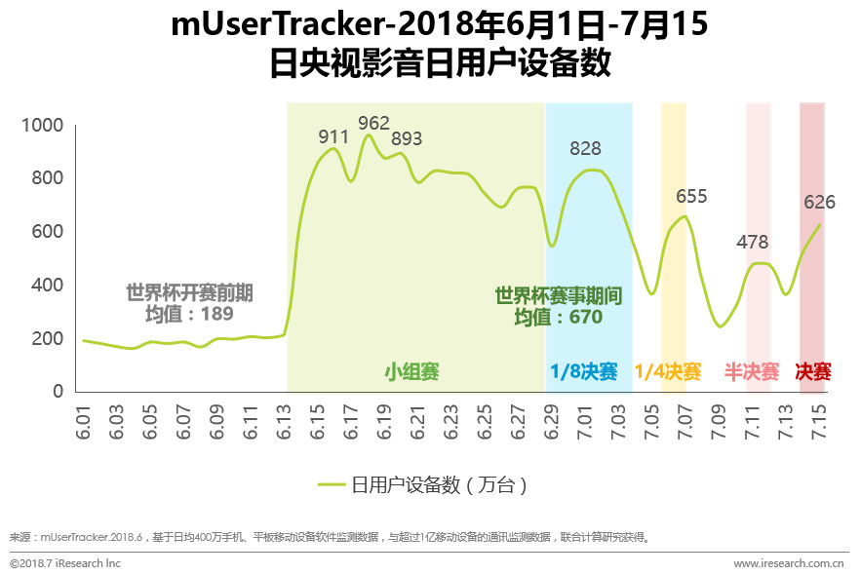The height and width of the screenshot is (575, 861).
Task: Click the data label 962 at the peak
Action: tap(373, 123)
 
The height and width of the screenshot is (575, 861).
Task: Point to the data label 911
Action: tap(333, 137)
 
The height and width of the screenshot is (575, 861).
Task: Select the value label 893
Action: tap(407, 138)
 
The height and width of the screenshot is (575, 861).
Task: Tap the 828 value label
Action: tap(585, 149)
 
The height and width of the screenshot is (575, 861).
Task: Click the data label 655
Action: tap(691, 196)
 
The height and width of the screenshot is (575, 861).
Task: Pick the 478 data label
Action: tap(753, 242)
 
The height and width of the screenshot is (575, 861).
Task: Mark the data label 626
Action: tap(820, 203)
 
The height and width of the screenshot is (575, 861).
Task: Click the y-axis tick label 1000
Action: tap(42, 126)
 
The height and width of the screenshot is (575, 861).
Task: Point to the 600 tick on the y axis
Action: tap(48, 232)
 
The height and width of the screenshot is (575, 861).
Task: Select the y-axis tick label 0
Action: tap(58, 392)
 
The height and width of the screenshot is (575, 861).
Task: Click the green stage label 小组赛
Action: tap(411, 371)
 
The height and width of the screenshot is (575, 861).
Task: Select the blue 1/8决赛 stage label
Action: tap(584, 371)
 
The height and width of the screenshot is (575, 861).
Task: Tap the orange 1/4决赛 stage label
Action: tap(668, 371)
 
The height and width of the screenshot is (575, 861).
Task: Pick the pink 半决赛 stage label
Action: tap(752, 371)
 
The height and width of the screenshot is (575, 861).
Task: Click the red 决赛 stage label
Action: tap(813, 371)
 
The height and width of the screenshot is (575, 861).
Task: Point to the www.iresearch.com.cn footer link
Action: tap(789, 563)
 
